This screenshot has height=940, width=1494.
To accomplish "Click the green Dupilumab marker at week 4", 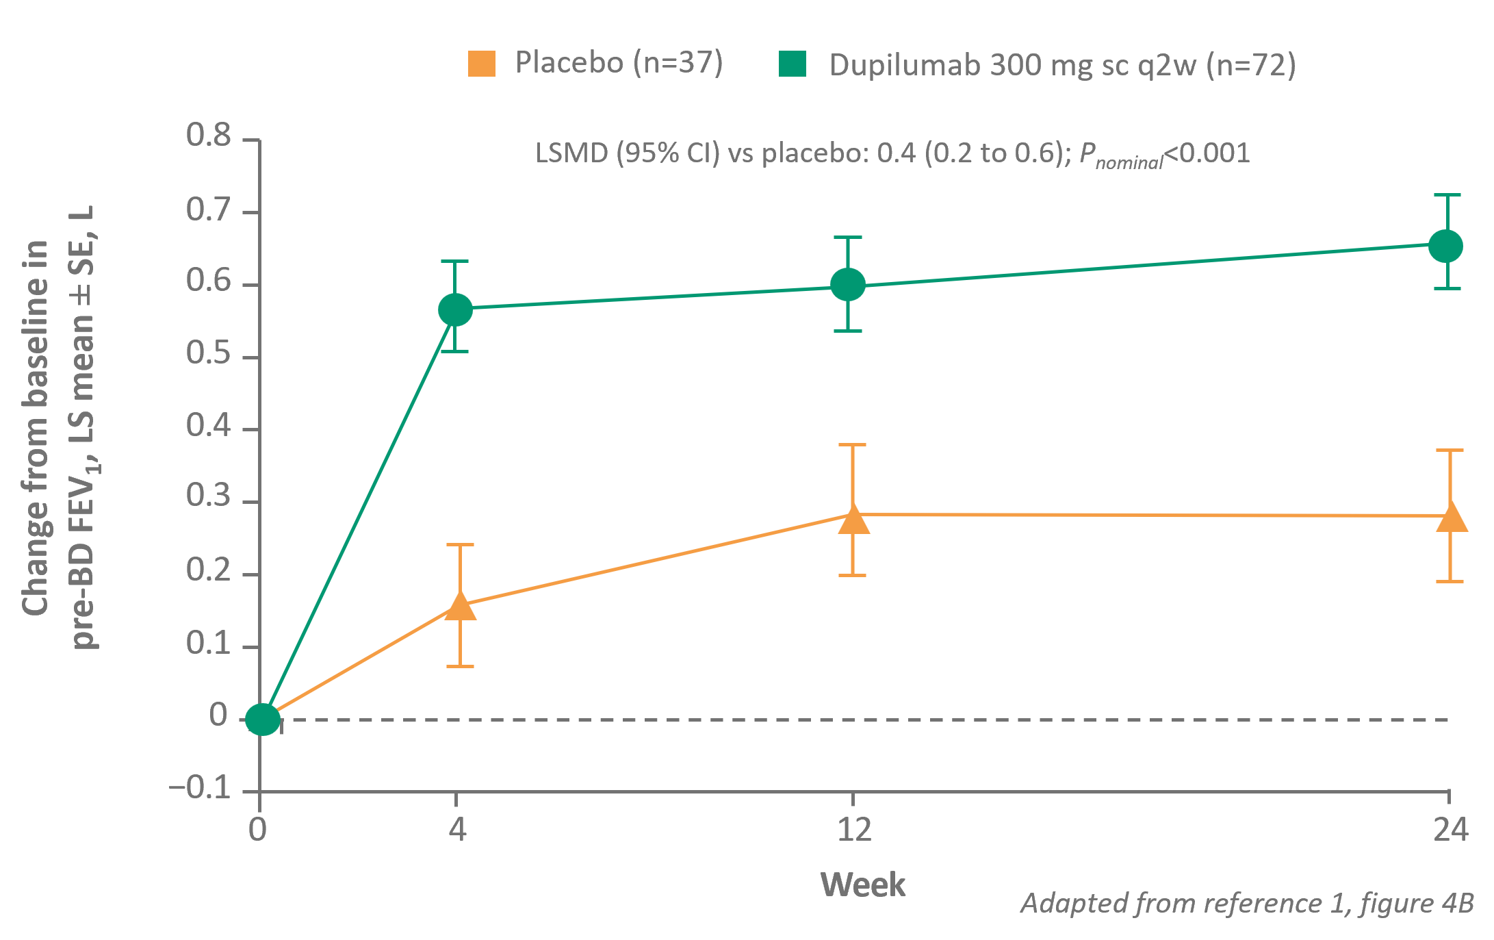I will click(x=455, y=310).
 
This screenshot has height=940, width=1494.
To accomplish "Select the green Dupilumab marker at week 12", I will click(x=848, y=284).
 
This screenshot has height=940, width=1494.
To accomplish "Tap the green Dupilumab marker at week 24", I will click(x=1446, y=246).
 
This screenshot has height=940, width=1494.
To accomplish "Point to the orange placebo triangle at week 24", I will click(x=1450, y=518).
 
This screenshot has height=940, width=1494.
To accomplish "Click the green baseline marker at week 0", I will click(x=263, y=720).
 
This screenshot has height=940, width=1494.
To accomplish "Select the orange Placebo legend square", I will click(x=482, y=64).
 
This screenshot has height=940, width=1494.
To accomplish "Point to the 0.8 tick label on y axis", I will click(x=209, y=136).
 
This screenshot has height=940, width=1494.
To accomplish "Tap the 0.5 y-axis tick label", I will click(x=209, y=354).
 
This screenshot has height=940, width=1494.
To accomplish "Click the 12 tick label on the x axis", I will click(x=854, y=830).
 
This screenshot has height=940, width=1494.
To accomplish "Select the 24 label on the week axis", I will click(x=1450, y=830).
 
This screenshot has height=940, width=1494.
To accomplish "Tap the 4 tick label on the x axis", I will click(x=457, y=830).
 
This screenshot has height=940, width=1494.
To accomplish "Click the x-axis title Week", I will click(x=862, y=885).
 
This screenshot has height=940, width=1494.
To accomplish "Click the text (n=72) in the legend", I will click(x=1251, y=66).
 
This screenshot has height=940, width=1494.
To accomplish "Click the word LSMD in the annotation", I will click(x=571, y=153).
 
